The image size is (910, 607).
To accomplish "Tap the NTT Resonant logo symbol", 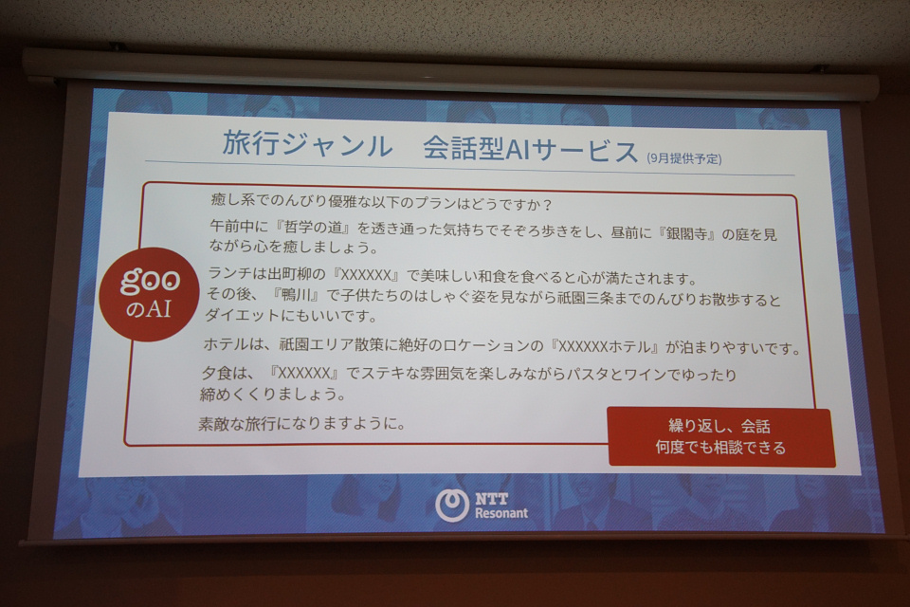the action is (452, 505).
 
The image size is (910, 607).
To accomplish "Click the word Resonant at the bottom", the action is (501, 513).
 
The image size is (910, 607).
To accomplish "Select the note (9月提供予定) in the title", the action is (684, 158).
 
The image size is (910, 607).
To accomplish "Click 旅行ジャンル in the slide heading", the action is (307, 145).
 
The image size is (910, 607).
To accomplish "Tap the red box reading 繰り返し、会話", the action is (720, 437).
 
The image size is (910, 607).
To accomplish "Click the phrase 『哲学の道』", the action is (311, 227).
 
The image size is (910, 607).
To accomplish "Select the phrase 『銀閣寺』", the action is (686, 234).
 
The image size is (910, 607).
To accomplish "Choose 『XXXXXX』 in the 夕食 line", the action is (304, 373).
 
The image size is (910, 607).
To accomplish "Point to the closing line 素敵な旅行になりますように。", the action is (302, 423).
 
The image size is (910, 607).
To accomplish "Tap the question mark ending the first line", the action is (546, 205).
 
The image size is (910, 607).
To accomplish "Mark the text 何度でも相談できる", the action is (720, 448).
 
